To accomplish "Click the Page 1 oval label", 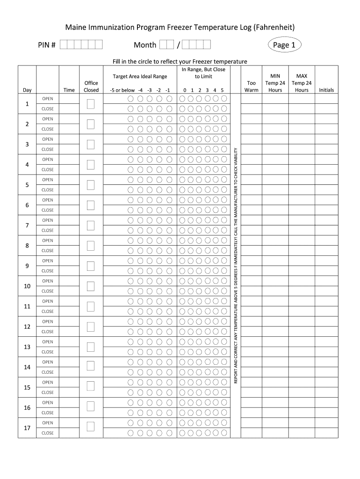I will coord(284,45).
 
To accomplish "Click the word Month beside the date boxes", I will coord(145,45).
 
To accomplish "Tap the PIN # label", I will coord(47,45).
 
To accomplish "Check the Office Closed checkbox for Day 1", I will coord(91,104).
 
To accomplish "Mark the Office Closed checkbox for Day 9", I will coord(91,266).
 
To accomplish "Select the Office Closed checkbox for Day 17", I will coord(91,428).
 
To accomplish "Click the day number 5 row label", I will coord(27,185).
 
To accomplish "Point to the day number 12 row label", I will coord(27,327).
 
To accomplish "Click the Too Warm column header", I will coord(252,87).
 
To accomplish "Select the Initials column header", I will coord(326,90).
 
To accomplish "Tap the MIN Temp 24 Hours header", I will coord(275,83).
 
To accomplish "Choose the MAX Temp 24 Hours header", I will coord(302,83).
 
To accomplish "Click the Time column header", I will coord(69,90).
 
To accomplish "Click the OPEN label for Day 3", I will coord(48,139).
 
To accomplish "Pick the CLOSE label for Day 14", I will coord(48,372).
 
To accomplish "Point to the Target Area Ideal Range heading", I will coord(140,76).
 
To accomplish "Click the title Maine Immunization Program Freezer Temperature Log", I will coord(180,27).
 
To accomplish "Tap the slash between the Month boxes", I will coord(178,45).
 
